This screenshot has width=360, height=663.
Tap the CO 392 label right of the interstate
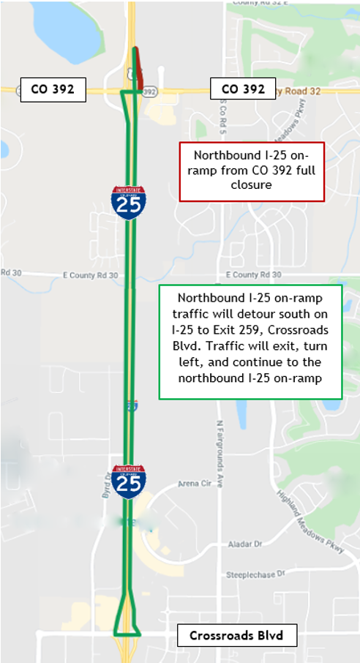pyautogui.click(x=243, y=89)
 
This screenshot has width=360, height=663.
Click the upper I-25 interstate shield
pyautogui.click(x=128, y=201)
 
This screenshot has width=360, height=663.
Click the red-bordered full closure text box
pyautogui.click(x=251, y=171)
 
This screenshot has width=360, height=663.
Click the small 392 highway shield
pyautogui.click(x=150, y=91)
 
